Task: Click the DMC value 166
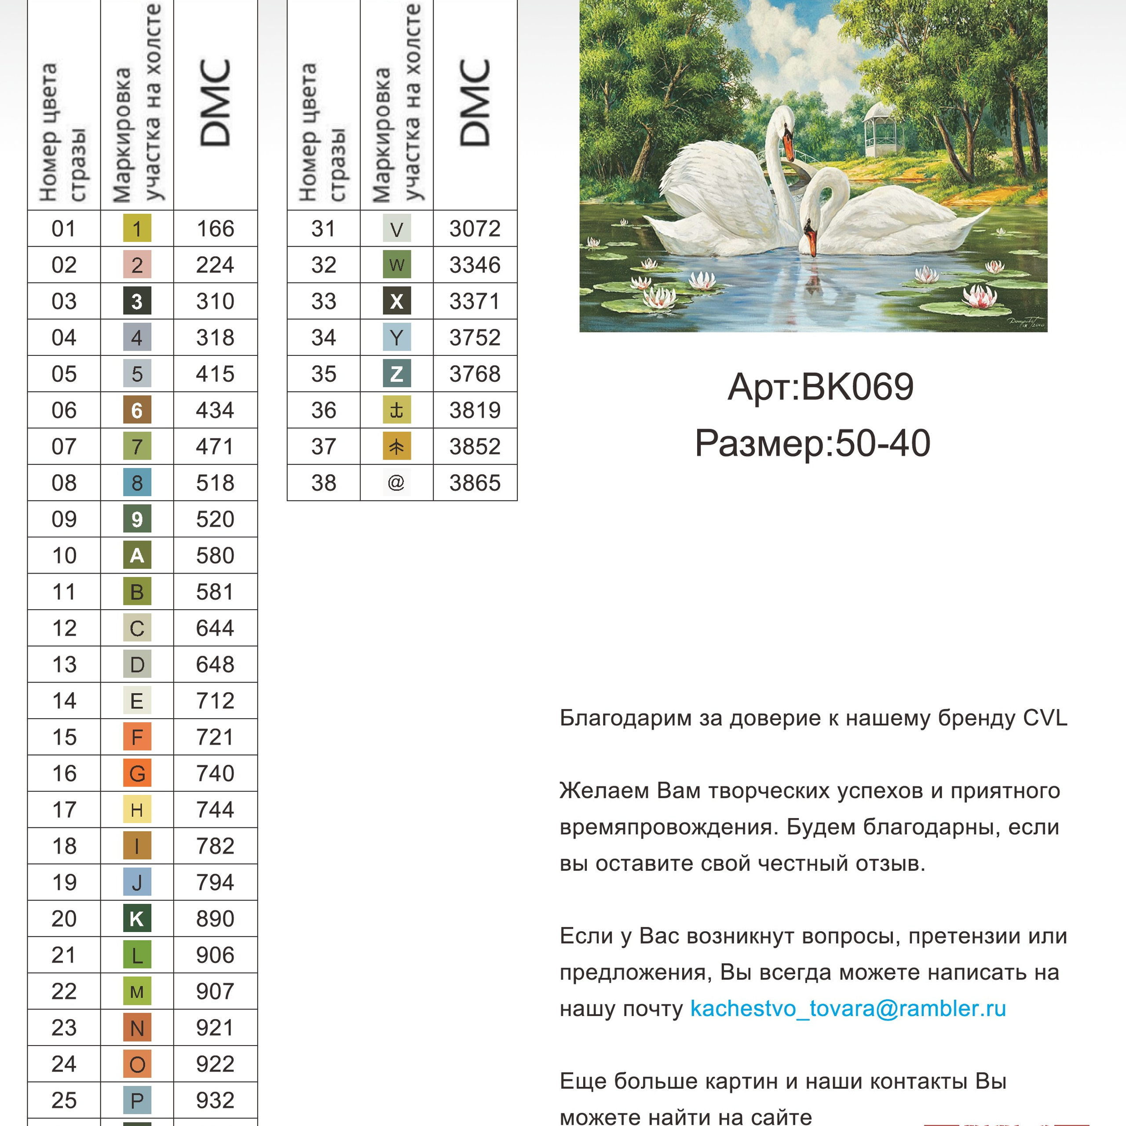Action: tap(215, 228)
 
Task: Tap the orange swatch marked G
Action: tap(137, 773)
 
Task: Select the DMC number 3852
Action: tap(475, 446)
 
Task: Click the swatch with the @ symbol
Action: tap(396, 483)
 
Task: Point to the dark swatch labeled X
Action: tap(396, 301)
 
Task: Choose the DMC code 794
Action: tap(215, 882)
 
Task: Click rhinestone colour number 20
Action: tap(64, 918)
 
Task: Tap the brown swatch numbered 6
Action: tap(137, 410)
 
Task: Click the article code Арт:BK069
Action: tap(821, 387)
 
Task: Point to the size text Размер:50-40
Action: tap(812, 443)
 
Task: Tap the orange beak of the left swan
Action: tap(788, 146)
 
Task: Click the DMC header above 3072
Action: tap(475, 102)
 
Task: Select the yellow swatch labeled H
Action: tap(137, 809)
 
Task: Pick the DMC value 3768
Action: tap(475, 373)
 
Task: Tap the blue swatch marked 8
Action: tap(137, 483)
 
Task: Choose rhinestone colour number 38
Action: tap(323, 483)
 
